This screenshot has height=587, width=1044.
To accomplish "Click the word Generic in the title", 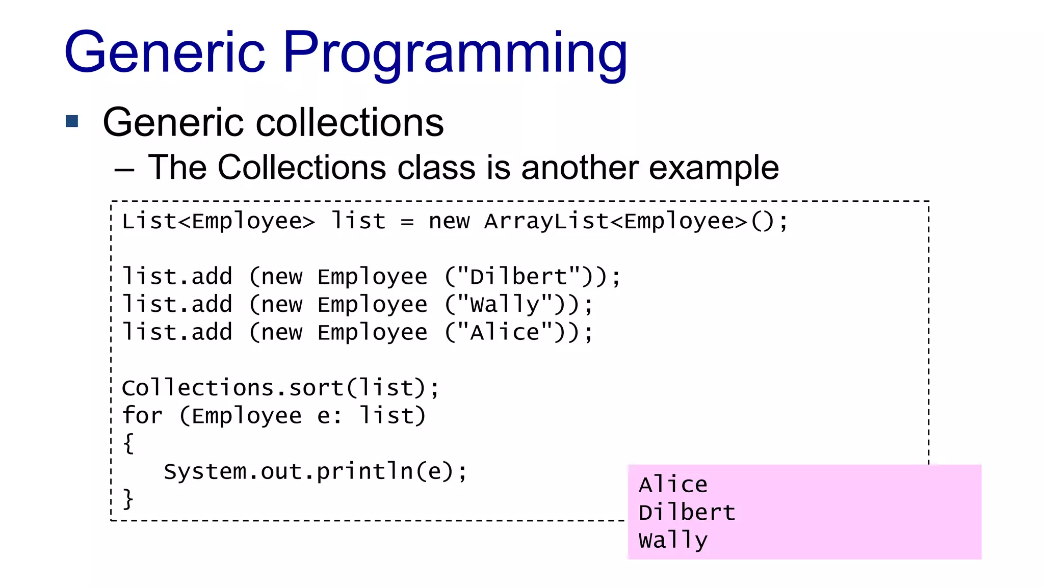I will pos(165,52).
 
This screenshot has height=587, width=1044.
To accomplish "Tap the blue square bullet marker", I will pos(72,121).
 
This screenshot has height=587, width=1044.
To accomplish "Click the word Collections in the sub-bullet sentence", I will pos(302,168).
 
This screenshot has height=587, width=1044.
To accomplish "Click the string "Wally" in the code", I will pos(505,305).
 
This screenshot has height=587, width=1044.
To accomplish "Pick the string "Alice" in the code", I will pos(505,333).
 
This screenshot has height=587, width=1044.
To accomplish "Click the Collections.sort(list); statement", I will pos(280,388).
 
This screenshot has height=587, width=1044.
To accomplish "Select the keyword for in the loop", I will pos(142,416).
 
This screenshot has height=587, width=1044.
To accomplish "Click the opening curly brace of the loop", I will pos(128,443).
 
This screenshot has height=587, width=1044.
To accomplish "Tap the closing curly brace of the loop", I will pos(128,498).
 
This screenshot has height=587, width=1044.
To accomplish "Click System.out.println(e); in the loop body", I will pos(315,471).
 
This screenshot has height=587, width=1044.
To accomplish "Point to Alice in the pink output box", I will pos(673,485).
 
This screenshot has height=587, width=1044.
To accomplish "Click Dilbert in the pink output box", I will pos(687,513).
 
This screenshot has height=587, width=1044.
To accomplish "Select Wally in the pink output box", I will pos(673,541).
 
